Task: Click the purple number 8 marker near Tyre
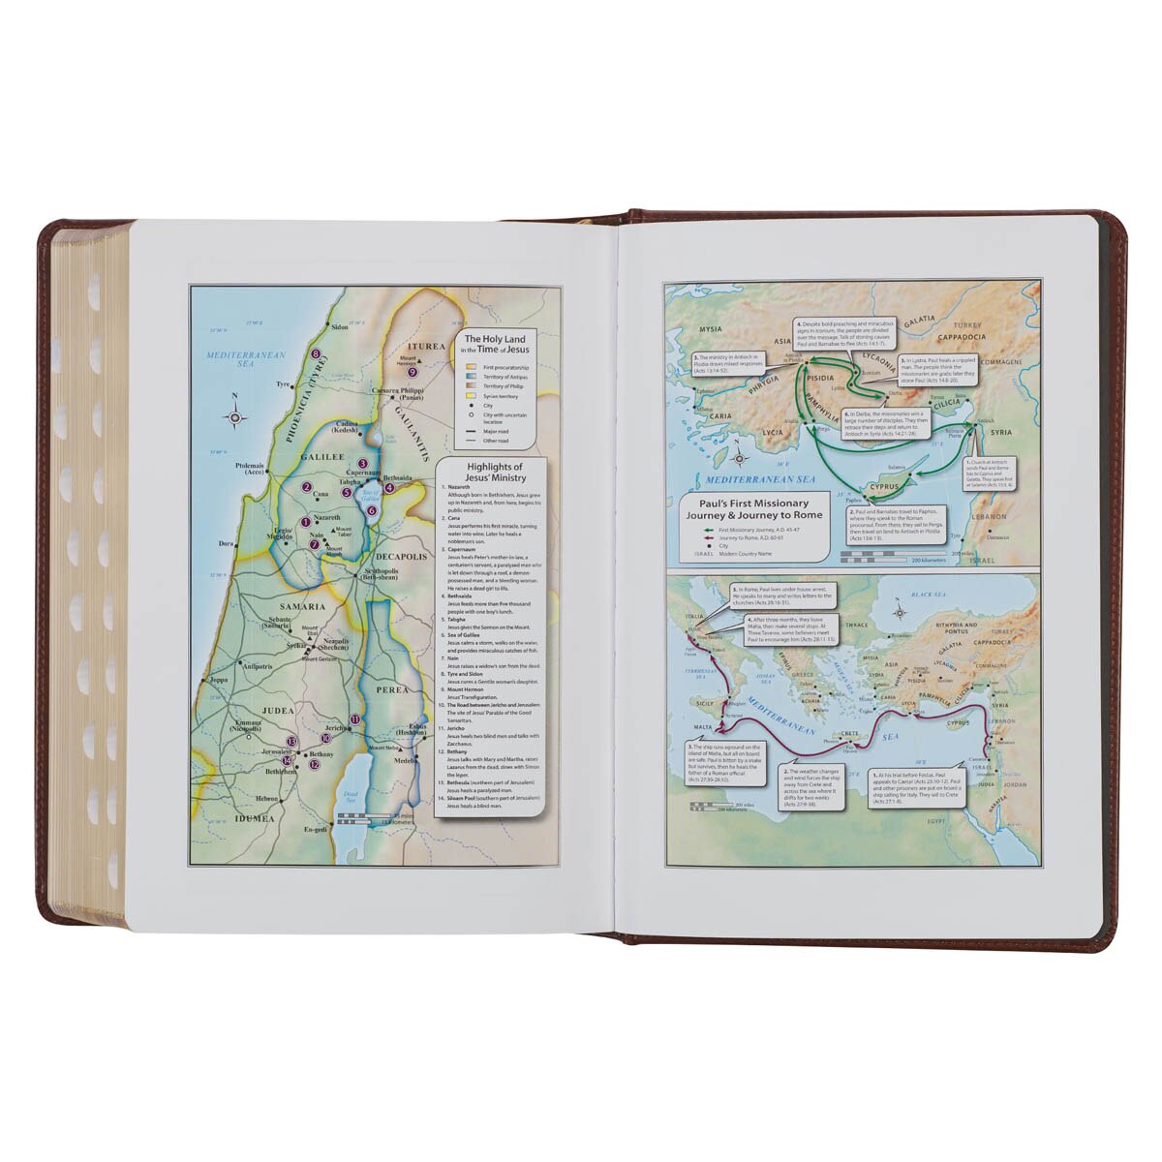316,354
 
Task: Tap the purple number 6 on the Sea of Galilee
372,510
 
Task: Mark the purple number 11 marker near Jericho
355,719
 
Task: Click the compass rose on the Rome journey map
900,611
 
